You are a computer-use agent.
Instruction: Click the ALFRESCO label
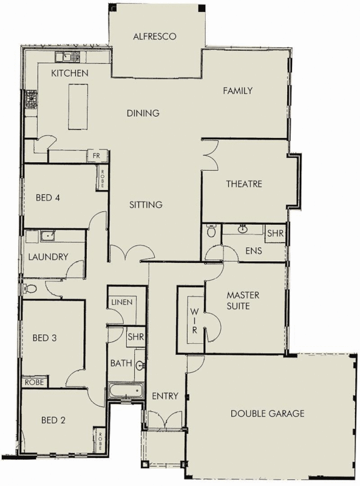click(x=155, y=36)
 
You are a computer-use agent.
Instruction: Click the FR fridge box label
click(x=96, y=156)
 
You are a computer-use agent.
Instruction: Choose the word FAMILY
click(x=237, y=91)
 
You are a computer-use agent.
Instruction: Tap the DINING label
click(x=143, y=113)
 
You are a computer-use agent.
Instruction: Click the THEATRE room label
click(x=244, y=184)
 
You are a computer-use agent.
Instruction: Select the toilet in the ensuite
click(x=211, y=231)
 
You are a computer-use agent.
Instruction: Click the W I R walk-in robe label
click(x=195, y=320)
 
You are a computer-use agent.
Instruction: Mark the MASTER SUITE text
click(x=243, y=301)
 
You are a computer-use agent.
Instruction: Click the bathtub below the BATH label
click(x=126, y=391)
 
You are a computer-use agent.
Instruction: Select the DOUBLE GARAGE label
click(x=267, y=414)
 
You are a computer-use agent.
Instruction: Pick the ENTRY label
click(x=165, y=396)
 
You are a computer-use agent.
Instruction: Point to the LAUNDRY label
click(x=48, y=257)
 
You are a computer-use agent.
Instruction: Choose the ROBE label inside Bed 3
click(x=35, y=382)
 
